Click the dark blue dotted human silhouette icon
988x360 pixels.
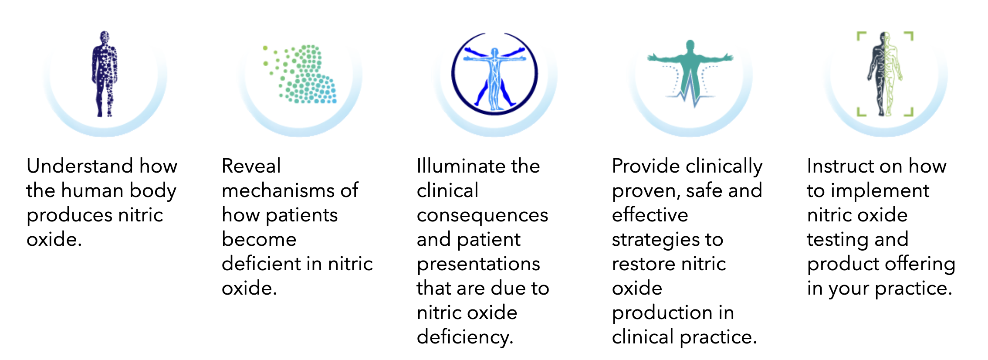(104, 74)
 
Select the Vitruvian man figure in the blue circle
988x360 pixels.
(494, 74)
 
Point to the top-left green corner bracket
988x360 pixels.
(861, 36)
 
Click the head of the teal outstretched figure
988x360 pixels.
(690, 45)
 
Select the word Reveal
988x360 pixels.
(251, 166)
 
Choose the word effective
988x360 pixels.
(650, 215)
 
